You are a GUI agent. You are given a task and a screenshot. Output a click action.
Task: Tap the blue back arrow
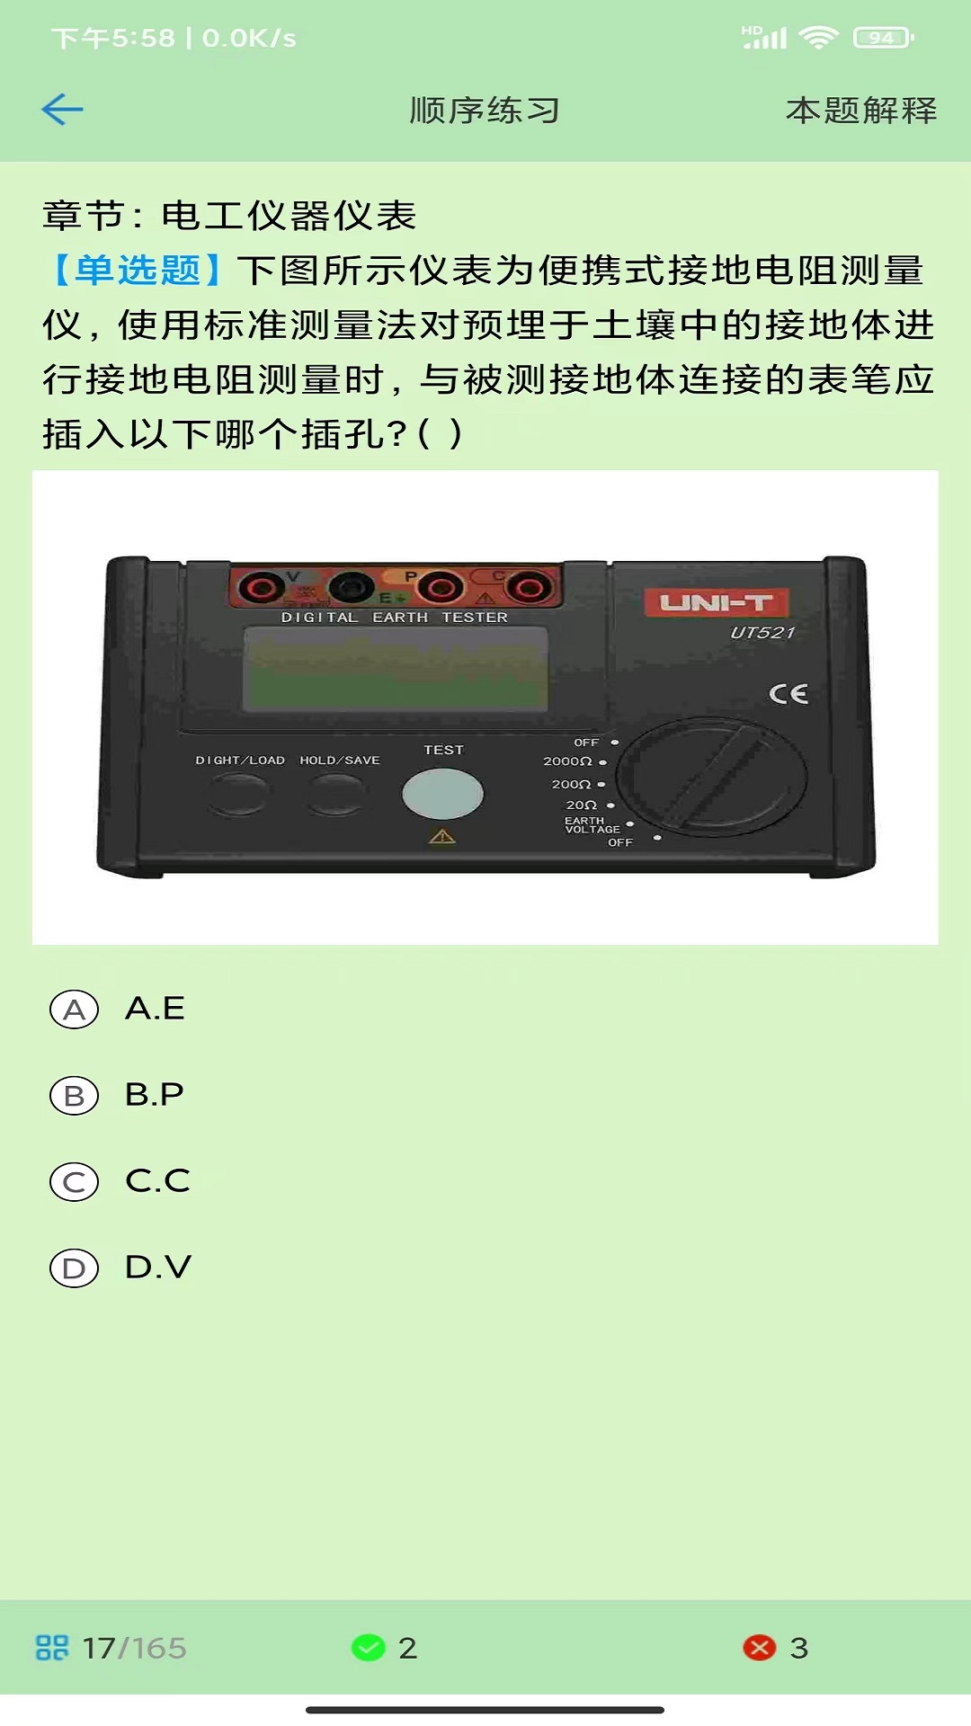tap(62, 110)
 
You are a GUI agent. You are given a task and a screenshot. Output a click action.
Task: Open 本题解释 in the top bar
tap(860, 111)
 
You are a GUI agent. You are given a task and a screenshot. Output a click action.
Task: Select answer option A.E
tap(75, 1010)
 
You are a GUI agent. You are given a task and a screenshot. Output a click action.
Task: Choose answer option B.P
tap(75, 1096)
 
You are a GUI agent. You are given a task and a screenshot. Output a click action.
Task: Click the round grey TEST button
tap(442, 794)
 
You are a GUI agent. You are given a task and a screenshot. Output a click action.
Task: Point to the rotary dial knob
tap(712, 777)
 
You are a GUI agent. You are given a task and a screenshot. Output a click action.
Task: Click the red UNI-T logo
tap(716, 602)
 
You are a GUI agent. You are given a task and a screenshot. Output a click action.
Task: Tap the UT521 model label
tap(762, 633)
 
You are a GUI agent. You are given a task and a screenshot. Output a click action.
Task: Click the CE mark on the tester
tap(788, 694)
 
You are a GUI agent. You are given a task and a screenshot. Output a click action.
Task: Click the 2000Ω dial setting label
tap(567, 761)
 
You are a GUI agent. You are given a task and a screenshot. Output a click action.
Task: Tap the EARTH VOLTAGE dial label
tap(592, 825)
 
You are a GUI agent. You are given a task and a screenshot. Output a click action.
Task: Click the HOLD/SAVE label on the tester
tap(340, 761)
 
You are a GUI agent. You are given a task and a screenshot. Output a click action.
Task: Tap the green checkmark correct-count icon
tap(368, 1648)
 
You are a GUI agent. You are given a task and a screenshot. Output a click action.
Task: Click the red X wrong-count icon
tap(760, 1648)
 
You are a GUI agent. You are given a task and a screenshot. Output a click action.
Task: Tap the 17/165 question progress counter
tap(134, 1648)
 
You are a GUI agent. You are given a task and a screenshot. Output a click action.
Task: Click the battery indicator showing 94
tap(883, 38)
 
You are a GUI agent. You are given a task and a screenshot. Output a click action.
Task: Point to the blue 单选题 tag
tap(137, 271)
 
